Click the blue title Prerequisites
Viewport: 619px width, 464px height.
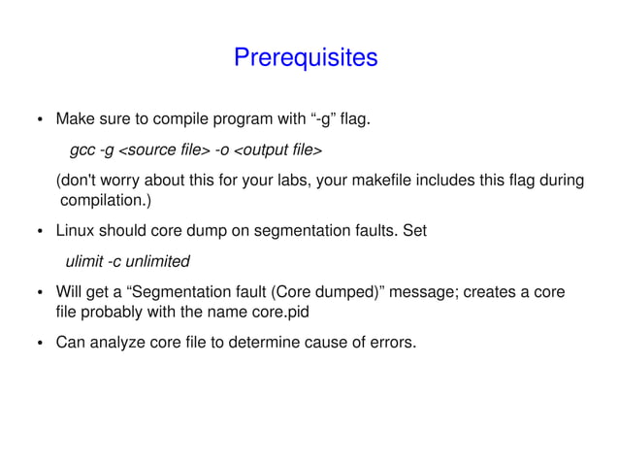click(x=305, y=58)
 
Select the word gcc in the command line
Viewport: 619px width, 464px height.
click(x=82, y=151)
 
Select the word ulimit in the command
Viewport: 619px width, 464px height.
click(x=83, y=262)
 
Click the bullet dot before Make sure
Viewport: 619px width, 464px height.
click(x=40, y=122)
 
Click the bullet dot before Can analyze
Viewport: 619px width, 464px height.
click(x=40, y=343)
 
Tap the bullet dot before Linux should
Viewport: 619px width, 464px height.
click(x=40, y=233)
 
